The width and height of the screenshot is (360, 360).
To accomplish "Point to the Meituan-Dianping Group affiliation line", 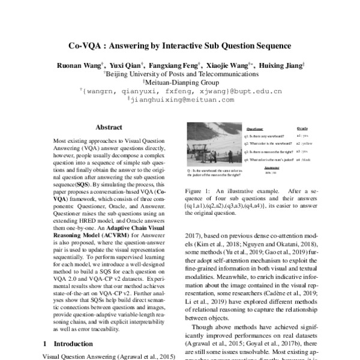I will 180,83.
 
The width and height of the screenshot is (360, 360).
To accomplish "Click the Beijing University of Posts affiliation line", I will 180,74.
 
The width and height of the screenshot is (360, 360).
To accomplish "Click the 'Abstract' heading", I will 109,128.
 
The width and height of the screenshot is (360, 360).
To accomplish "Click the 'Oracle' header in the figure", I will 302,128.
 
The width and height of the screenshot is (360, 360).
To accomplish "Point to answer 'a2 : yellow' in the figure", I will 303,144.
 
